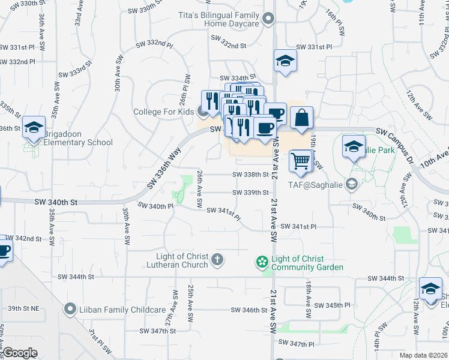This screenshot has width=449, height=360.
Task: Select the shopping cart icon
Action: pos(301,161)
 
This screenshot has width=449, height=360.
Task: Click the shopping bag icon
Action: pos(302,118)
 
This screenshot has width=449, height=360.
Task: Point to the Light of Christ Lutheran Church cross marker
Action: pos(217,260)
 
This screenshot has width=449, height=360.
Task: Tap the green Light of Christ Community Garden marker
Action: pos(261,262)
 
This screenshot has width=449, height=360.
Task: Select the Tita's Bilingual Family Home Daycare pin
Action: pos(268,19)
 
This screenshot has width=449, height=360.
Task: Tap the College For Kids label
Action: pos(163,112)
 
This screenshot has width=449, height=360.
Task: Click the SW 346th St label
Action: pos(249,310)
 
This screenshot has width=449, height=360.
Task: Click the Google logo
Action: pos(20,353)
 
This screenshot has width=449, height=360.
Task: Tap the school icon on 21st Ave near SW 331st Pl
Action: pos(285,61)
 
